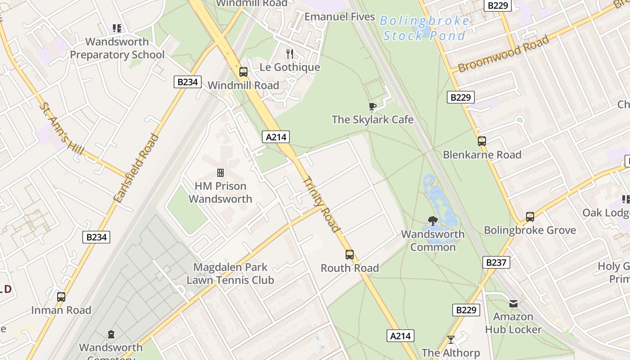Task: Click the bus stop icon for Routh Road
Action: click(350, 255)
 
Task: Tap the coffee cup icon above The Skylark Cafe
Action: click(372, 107)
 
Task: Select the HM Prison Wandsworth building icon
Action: click(220, 173)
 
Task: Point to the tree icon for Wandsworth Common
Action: click(433, 221)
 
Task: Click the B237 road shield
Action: click(496, 262)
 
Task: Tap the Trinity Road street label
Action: click(321, 204)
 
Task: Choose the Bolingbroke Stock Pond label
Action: click(424, 28)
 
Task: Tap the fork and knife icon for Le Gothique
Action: click(290, 54)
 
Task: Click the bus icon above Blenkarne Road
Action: click(482, 141)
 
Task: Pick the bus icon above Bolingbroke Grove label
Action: click(530, 217)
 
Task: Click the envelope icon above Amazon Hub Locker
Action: click(513, 304)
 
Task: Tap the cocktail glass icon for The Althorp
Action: click(451, 340)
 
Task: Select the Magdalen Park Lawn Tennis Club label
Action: click(230, 274)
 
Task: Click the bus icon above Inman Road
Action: click(61, 297)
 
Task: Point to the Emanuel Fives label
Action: click(340, 17)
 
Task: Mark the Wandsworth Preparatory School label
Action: click(117, 48)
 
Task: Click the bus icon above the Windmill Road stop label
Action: click(243, 72)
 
